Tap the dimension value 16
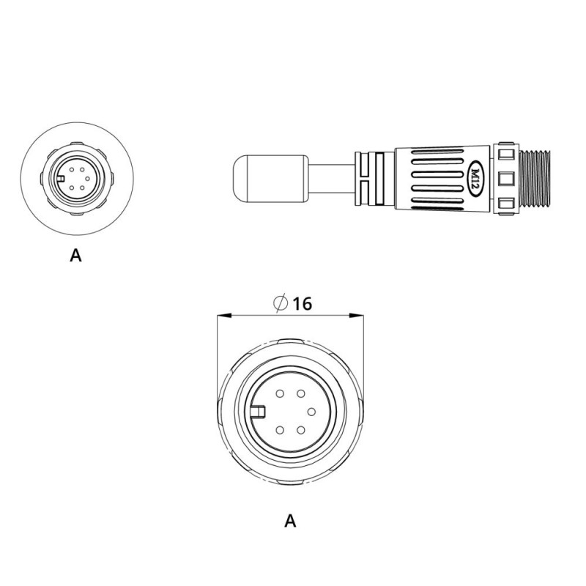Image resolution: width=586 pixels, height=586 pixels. (x=302, y=304)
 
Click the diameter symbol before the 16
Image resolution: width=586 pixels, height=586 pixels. (x=281, y=303)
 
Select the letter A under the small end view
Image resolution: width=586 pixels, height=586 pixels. (x=75, y=255)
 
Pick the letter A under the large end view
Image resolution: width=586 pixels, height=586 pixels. (x=290, y=521)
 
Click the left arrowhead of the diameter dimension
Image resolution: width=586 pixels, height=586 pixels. (x=225, y=316)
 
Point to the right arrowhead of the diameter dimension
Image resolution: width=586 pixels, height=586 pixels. (x=356, y=316)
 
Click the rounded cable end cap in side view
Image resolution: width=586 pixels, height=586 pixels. (x=270, y=179)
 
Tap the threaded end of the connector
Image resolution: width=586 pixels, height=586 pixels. (x=535, y=178)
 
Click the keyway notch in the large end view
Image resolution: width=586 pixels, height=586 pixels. (x=258, y=412)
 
